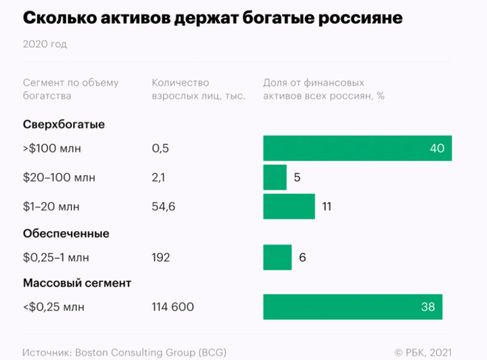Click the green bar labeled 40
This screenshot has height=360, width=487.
(357, 148)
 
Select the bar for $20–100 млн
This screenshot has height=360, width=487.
(275, 177)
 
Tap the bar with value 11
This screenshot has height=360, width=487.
(289, 206)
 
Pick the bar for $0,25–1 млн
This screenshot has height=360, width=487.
(277, 257)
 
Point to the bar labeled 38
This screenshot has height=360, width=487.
(352, 307)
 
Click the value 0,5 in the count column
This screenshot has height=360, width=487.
(161, 148)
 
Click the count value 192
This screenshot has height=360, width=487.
(161, 258)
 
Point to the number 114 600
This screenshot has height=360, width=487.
(173, 307)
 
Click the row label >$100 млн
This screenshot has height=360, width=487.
(52, 148)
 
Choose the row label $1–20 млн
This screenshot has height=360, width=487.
(51, 207)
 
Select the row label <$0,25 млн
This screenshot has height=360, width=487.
(54, 307)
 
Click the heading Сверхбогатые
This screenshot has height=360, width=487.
(64, 125)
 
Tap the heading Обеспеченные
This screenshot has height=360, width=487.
(66, 234)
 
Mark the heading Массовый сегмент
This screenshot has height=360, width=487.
(77, 283)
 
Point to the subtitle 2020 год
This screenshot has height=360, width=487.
(45, 45)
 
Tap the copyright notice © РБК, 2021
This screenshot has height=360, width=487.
(423, 352)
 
